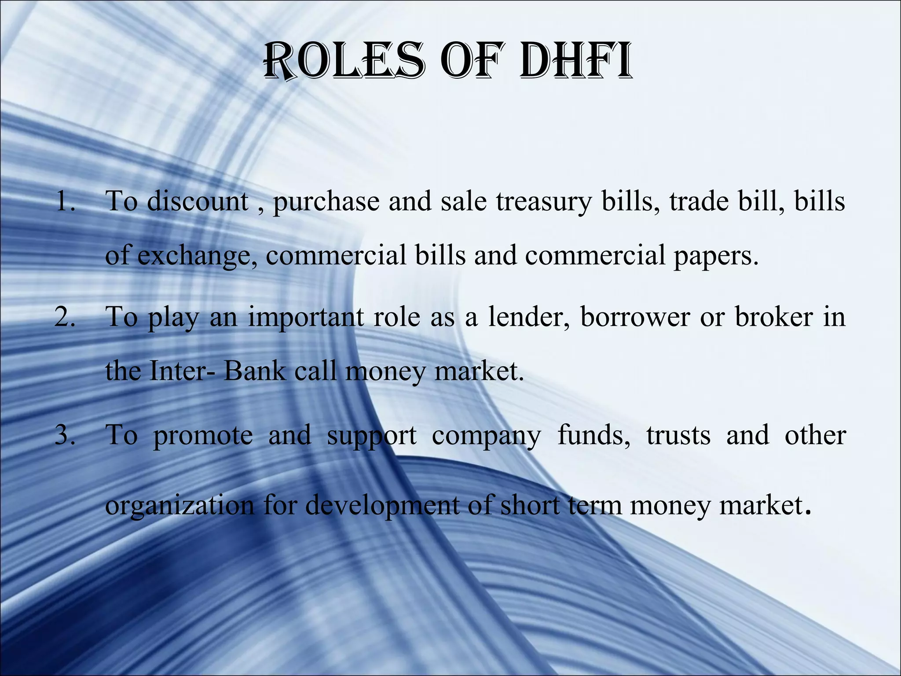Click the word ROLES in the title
click(x=344, y=62)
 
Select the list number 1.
click(x=66, y=202)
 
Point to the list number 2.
click(x=65, y=317)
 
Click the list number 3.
click(x=65, y=435)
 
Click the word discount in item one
click(x=198, y=202)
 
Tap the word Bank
click(x=255, y=371)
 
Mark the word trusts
click(x=678, y=435)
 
